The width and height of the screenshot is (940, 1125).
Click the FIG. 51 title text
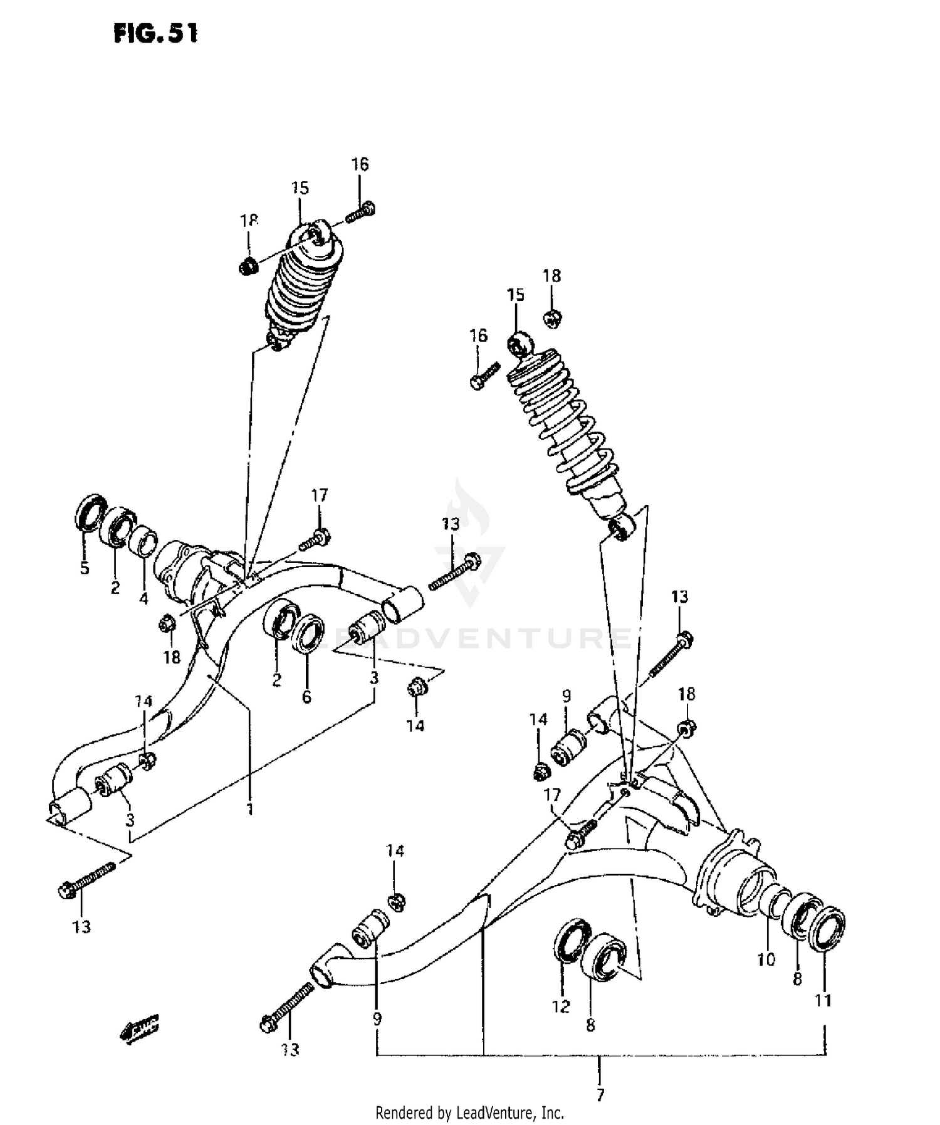tap(155, 33)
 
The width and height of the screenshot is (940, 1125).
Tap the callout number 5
tap(85, 569)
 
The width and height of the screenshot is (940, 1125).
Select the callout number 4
tap(144, 599)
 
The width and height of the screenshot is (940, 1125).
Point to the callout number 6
tap(306, 697)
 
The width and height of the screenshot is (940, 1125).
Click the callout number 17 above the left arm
tap(320, 496)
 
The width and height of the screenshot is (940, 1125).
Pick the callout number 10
tap(766, 959)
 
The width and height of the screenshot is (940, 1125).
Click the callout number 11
tap(823, 1001)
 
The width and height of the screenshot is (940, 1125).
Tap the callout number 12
tap(561, 1006)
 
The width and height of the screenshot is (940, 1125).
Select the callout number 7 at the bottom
tap(600, 1096)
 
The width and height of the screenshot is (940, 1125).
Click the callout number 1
tap(249, 809)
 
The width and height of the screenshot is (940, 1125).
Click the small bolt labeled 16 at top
tap(360, 211)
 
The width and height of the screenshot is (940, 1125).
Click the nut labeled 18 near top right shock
tap(551, 318)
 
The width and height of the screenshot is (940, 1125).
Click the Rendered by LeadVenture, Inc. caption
tap(469, 1113)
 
